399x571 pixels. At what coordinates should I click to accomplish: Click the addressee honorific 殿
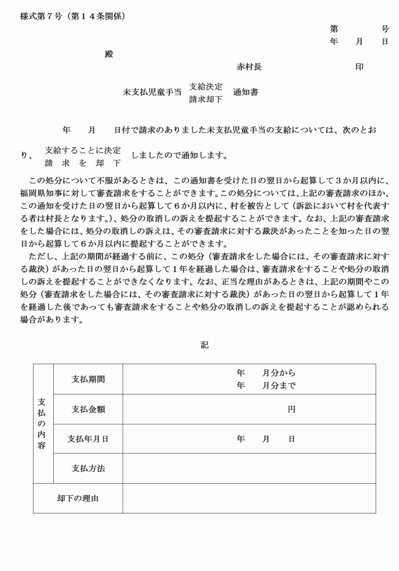coord(109,54)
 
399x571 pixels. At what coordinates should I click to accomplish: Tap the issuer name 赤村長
coord(249,67)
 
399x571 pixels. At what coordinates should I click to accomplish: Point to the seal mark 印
coord(359,67)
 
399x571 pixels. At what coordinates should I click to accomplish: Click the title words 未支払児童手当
coord(152,92)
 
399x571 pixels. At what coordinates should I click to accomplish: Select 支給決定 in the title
coord(206,87)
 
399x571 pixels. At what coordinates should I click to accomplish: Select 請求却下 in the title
coord(206,99)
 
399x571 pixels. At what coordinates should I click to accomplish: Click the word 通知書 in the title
coord(246,92)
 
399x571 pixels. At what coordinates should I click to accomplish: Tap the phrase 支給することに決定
coord(82,150)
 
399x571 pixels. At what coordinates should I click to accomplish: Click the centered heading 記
coord(205,345)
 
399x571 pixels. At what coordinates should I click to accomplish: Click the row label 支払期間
coord(88,379)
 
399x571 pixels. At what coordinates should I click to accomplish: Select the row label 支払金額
coord(88,409)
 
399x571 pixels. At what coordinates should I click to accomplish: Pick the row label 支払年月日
coord(88,439)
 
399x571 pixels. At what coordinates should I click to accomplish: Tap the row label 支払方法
coord(88,469)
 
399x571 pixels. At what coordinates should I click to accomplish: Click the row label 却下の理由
coord(78,498)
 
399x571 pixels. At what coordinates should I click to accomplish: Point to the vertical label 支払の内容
coord(42,424)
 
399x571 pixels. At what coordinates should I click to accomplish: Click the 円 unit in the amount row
coord(291,410)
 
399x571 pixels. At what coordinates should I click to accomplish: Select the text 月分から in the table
coord(279,373)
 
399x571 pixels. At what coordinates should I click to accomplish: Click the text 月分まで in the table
coord(279,386)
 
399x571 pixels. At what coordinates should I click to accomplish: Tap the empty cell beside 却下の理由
coord(249,498)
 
